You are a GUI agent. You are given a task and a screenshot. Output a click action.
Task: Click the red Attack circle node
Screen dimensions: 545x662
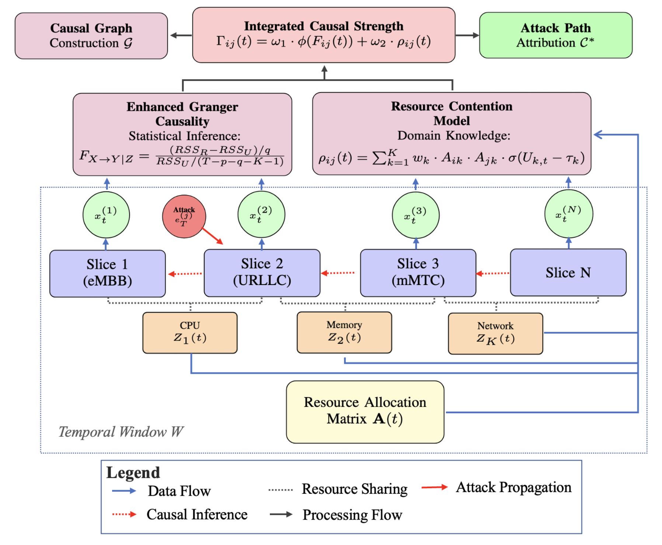tap(184, 217)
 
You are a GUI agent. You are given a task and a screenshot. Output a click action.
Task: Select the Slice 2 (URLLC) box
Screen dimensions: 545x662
tap(262, 272)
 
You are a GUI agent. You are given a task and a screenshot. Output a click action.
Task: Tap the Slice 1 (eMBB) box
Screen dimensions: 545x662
tap(107, 273)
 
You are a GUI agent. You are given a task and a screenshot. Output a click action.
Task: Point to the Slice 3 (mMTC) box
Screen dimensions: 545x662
tap(418, 272)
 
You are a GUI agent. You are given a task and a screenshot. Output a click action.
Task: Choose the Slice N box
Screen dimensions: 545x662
tap(568, 272)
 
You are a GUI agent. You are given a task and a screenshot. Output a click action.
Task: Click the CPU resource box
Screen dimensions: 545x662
tap(190, 333)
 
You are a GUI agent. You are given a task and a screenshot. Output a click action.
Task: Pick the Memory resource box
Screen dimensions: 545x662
tap(344, 332)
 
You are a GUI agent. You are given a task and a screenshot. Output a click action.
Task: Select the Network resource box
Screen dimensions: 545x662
tap(495, 333)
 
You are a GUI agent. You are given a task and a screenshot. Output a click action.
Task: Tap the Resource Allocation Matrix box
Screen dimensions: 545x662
tap(365, 411)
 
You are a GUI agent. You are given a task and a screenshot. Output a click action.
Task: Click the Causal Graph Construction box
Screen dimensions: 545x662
tap(91, 36)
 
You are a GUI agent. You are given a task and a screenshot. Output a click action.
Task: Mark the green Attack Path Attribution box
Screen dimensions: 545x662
tap(555, 35)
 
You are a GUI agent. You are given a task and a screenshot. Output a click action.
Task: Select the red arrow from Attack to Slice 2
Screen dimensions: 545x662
tap(213, 236)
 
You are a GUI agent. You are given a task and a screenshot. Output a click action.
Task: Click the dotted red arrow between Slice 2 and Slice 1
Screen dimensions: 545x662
tap(185, 274)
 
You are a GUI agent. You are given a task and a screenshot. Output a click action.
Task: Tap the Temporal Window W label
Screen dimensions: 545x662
tap(121, 432)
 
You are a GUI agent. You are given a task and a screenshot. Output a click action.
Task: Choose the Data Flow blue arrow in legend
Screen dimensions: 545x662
tap(124, 491)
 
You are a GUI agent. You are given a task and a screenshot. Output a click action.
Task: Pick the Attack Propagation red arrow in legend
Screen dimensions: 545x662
tap(434, 488)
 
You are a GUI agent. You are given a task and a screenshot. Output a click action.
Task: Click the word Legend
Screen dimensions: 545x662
tap(133, 472)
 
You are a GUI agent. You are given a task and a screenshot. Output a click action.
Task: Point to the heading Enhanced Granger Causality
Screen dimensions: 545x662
tap(182, 114)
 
